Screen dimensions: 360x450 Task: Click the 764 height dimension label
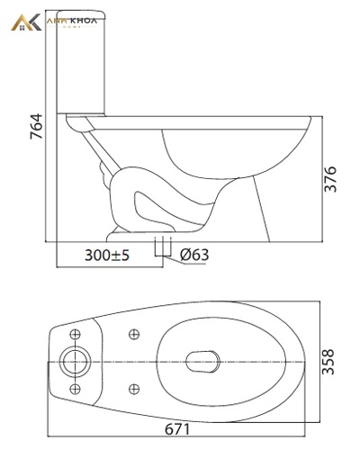(37, 126)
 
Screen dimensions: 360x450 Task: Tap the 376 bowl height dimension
(331, 179)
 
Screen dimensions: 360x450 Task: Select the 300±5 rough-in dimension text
(107, 256)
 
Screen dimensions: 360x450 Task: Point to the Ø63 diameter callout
(194, 255)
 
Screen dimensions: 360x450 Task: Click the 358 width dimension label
(328, 362)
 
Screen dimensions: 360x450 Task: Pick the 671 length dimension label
(177, 429)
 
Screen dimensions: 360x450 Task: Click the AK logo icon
(26, 22)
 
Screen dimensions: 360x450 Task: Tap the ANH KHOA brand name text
(72, 21)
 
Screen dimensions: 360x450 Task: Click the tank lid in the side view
(81, 15)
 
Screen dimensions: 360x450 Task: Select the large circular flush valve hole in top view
(75, 362)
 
